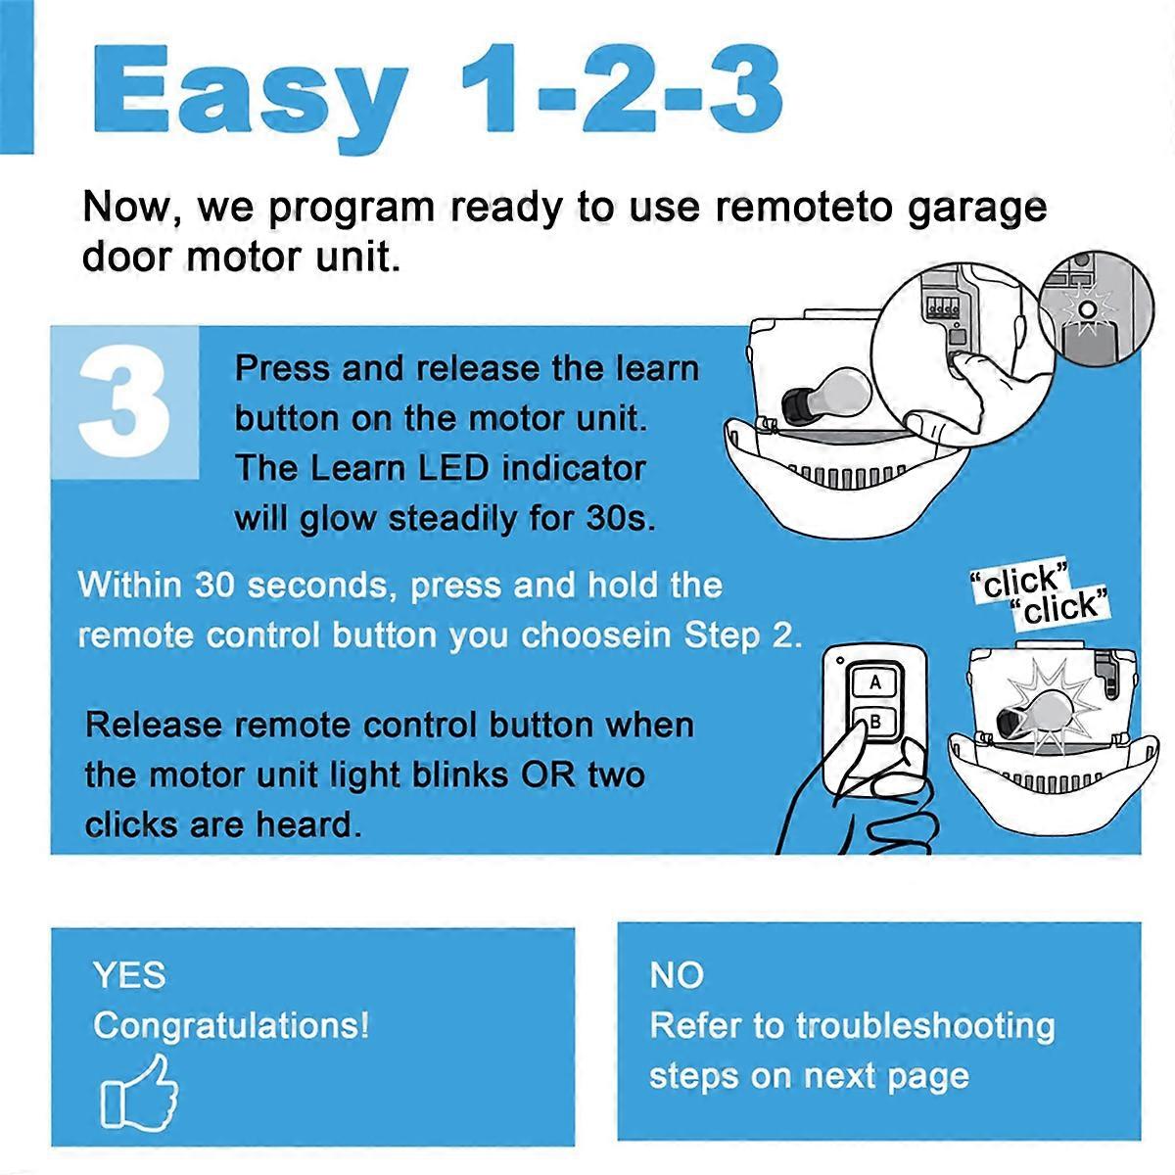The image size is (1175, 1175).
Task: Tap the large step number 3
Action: [124, 403]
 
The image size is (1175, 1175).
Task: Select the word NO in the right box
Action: [677, 975]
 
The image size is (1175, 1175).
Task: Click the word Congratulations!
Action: [231, 1026]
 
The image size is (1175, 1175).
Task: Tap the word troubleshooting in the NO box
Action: [925, 1026]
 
